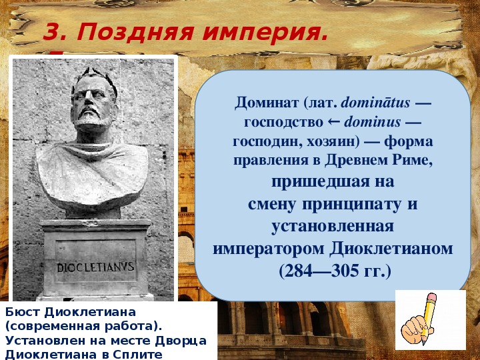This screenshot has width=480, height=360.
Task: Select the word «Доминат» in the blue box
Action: pyautogui.click(x=265, y=103)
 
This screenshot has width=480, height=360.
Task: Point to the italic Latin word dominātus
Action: pyautogui.click(x=375, y=103)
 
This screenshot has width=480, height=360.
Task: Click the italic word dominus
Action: pyautogui.click(x=372, y=122)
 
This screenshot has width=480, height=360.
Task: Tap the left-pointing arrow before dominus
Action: pyautogui.click(x=334, y=123)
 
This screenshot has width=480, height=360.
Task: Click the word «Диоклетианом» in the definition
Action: pyautogui.click(x=391, y=249)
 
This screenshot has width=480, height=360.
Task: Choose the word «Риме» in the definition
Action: pyautogui.click(x=415, y=161)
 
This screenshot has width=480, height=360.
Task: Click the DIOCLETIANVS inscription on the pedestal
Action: pyautogui.click(x=95, y=267)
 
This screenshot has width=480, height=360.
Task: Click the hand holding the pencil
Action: pyautogui.click(x=415, y=329)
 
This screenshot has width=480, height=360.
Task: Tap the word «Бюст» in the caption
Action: pyautogui.click(x=23, y=312)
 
